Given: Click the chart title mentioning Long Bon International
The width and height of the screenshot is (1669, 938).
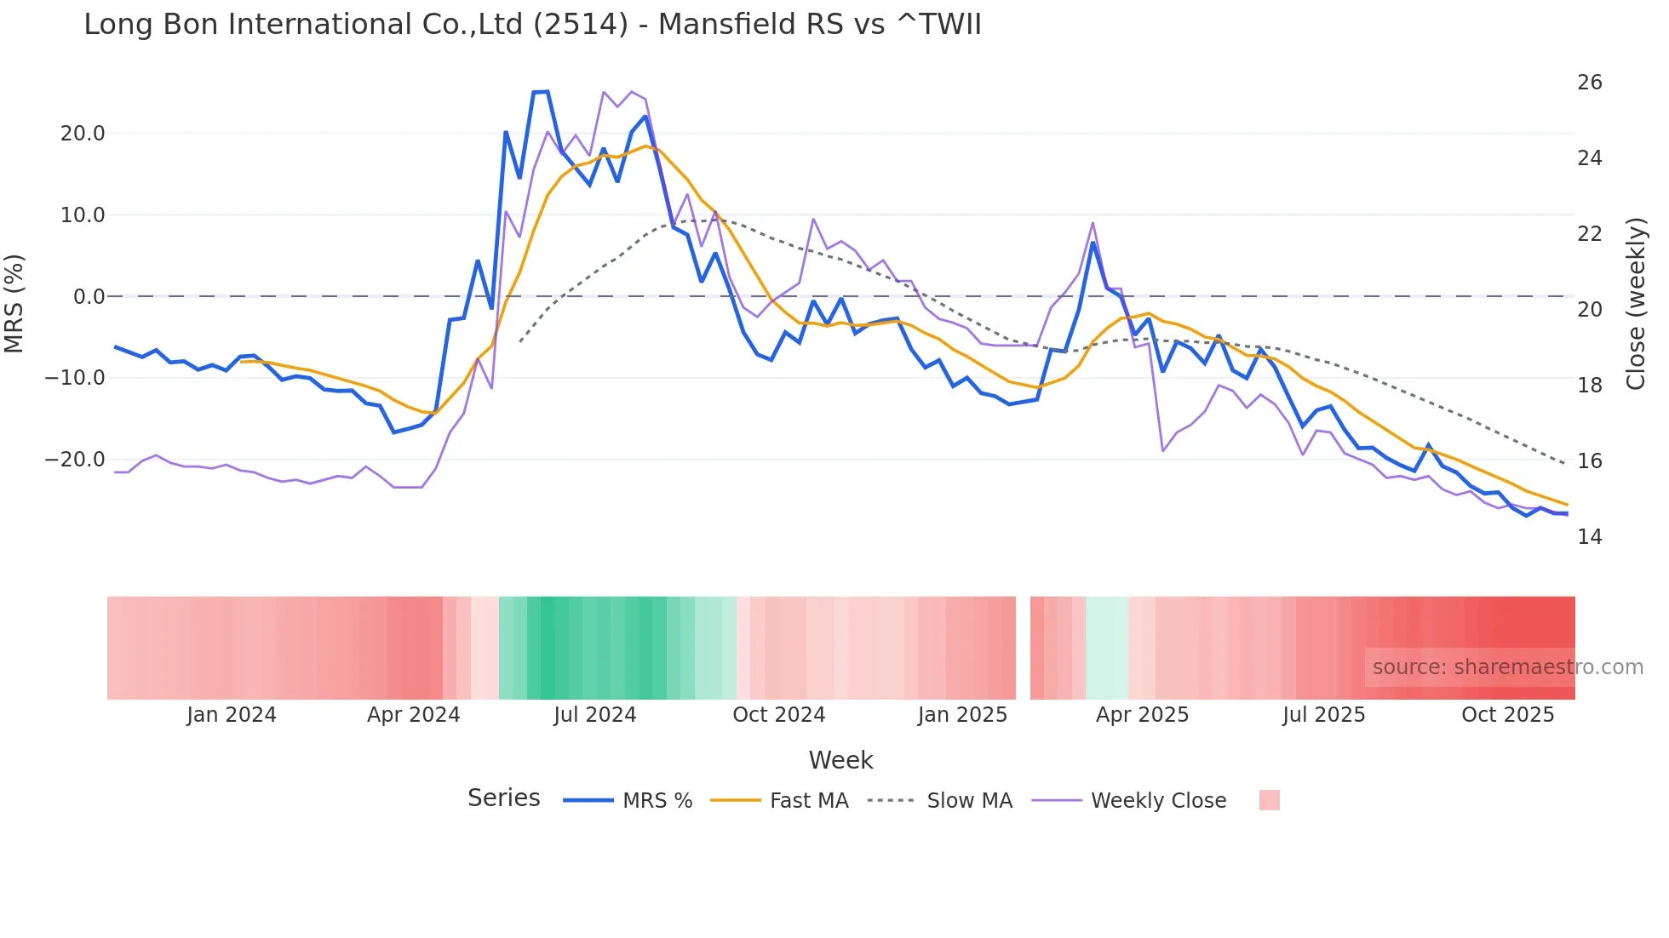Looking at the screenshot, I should (532, 25).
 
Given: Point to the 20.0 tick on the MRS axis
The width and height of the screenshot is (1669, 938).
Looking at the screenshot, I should (83, 134).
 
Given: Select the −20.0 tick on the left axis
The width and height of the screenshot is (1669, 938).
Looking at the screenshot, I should (75, 460).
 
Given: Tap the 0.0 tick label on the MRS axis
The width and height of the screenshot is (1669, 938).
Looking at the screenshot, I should (89, 297).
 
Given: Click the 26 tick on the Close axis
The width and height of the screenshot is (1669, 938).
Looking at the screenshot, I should (1589, 83).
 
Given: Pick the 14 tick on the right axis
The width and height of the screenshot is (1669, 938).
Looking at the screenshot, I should (1589, 537).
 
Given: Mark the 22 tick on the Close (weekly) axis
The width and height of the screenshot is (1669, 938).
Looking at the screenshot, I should (1589, 234).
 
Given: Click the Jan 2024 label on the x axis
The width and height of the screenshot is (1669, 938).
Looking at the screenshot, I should (232, 715).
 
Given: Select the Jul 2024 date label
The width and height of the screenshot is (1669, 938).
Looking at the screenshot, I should (594, 715).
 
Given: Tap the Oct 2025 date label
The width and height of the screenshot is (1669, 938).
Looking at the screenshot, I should (1507, 715).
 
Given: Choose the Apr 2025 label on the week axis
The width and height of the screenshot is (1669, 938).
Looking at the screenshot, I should (1142, 715).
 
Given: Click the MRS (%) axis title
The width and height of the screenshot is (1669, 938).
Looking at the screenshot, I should (14, 304).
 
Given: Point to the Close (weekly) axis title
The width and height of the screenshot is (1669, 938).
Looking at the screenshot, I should (1636, 304).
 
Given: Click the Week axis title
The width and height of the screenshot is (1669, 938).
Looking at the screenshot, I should (840, 760).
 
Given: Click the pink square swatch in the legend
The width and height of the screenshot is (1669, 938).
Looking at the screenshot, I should (1269, 800).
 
